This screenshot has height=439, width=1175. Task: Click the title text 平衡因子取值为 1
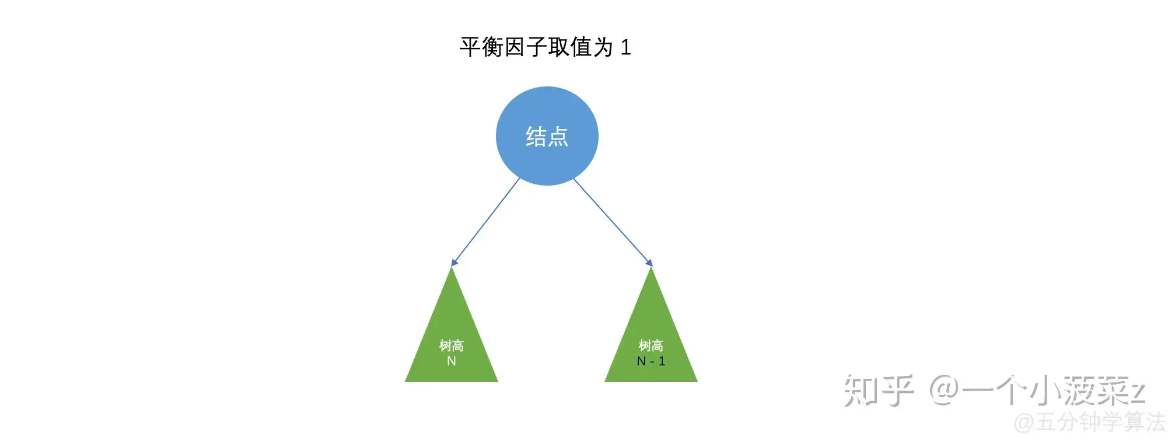click(545, 47)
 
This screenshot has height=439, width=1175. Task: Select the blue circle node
click(547, 136)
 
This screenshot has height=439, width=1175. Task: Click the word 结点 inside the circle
click(547, 137)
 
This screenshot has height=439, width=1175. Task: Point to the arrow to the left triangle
click(485, 222)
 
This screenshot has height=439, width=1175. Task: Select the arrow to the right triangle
click(613, 222)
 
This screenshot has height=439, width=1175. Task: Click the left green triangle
click(452, 325)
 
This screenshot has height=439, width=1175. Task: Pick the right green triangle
click(651, 325)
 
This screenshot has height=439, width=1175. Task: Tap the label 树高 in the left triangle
click(452, 346)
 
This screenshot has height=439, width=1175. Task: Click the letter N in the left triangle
click(452, 361)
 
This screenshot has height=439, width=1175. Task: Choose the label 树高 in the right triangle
click(651, 346)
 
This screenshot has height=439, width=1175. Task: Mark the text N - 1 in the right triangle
click(651, 361)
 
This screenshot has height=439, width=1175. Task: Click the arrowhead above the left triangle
click(454, 263)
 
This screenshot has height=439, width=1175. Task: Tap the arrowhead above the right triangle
click(649, 263)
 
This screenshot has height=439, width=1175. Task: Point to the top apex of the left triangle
click(452, 267)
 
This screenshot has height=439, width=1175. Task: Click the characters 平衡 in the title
click(481, 47)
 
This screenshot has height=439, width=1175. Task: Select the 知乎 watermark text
click(879, 391)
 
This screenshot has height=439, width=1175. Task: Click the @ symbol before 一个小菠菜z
click(944, 391)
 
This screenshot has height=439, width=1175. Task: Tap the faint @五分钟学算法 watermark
click(1090, 422)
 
